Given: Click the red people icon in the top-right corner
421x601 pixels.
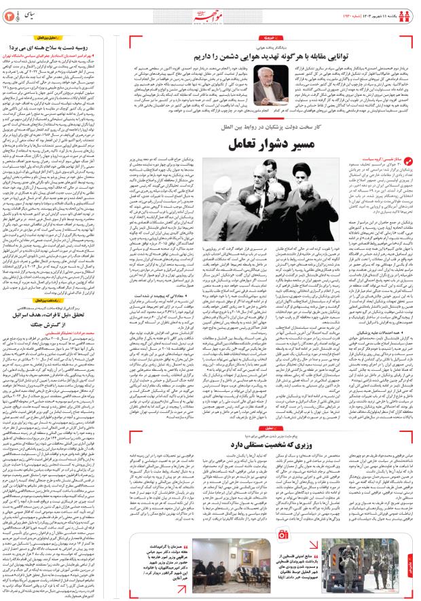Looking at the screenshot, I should coord(409,12).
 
